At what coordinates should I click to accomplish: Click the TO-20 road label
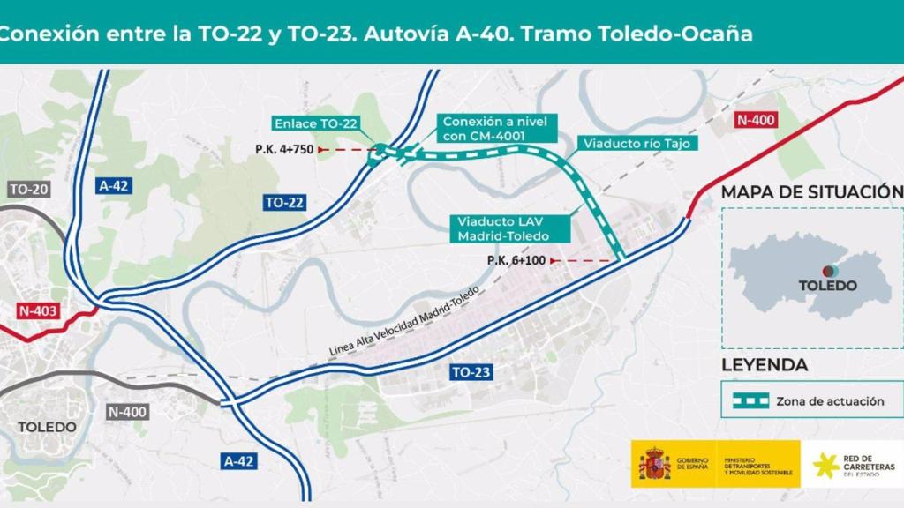[x=29, y=190]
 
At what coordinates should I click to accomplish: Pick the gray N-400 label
[x=128, y=411]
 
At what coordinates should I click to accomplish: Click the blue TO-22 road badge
[x=284, y=203]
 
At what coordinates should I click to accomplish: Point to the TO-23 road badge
[x=471, y=372]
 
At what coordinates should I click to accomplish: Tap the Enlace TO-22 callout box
[x=315, y=123]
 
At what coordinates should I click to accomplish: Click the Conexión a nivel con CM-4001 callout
[x=496, y=129]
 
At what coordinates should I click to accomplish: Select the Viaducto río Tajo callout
[x=636, y=143]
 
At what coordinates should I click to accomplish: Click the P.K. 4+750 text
[x=284, y=149]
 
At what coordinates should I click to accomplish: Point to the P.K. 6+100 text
[x=516, y=260]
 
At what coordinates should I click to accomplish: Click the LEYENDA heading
[x=765, y=364]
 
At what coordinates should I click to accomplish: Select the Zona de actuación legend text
[x=830, y=400]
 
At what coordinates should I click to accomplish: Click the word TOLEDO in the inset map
[x=827, y=285]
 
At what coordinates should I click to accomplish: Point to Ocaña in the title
[x=721, y=34]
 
